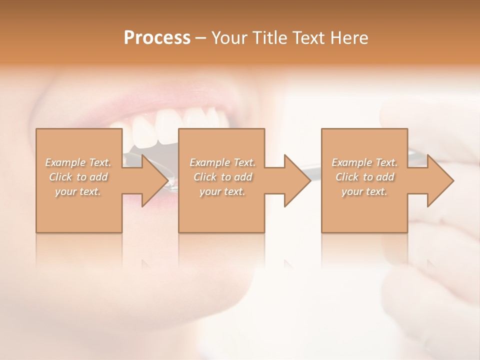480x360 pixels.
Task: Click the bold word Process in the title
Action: point(157,38)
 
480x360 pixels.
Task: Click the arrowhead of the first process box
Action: point(155,180)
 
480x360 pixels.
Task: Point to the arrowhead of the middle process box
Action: point(297,180)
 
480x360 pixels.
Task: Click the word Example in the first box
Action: point(65,162)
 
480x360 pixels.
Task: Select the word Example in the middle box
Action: point(209,162)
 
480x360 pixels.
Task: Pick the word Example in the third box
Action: point(351,162)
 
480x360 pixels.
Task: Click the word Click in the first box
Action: point(60,177)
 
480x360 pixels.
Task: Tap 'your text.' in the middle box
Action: point(222,191)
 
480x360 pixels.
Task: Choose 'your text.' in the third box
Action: point(364,191)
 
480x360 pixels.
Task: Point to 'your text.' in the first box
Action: point(77,191)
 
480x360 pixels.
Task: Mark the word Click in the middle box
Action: point(205,177)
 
